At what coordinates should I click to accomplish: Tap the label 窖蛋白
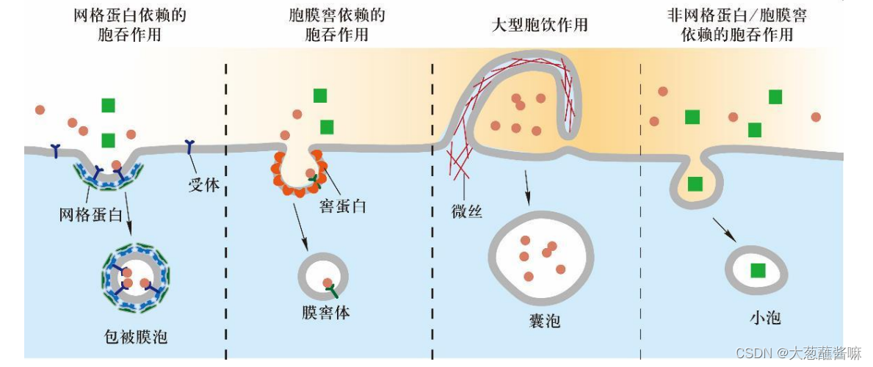click(343, 206)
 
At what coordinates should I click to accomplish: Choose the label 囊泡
click(543, 321)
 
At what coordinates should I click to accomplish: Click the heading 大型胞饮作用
click(540, 24)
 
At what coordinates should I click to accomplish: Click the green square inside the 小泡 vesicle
click(756, 270)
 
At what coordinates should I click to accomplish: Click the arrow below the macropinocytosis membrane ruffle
click(527, 188)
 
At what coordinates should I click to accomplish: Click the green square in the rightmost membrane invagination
click(695, 184)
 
